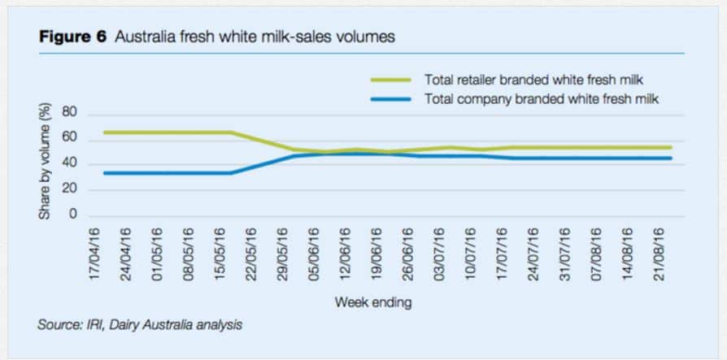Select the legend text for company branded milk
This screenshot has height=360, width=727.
tap(541, 98)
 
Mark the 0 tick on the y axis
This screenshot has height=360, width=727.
tap(72, 215)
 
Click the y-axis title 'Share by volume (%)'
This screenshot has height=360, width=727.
tap(46, 162)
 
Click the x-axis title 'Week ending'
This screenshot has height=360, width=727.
tap(373, 302)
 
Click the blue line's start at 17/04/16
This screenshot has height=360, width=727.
tap(104, 172)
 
